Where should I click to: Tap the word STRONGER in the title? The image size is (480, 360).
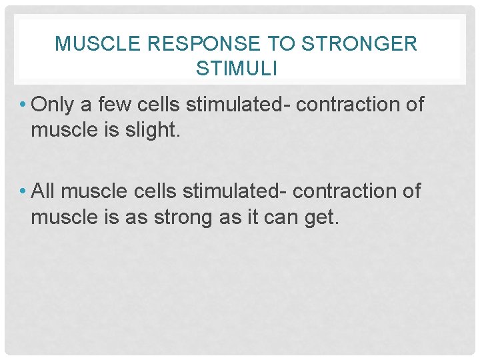coord(358,44)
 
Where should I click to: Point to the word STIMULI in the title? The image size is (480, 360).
coord(237,68)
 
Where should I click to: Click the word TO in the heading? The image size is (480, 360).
coord(281,44)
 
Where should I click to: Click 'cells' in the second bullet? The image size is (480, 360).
coord(155,191)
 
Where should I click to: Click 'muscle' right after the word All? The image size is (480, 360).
coord(93,191)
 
